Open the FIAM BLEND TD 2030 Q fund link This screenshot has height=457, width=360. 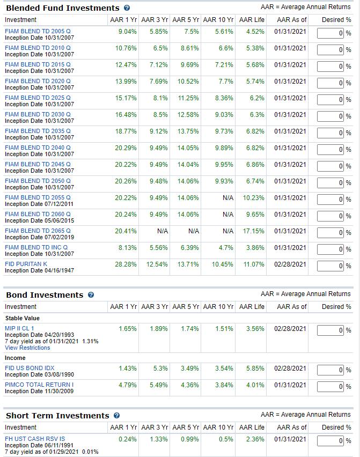[x=38, y=114]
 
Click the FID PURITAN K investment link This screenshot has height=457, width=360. [x=26, y=264]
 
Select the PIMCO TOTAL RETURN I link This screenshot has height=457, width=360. [x=39, y=385]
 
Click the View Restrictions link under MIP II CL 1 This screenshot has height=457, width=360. [x=27, y=348]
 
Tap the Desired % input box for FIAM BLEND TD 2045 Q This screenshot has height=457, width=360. [x=330, y=166]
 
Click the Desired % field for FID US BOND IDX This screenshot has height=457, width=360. [x=330, y=370]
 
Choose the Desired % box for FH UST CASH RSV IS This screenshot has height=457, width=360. [x=330, y=441]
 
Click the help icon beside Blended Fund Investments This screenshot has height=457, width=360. [x=127, y=8]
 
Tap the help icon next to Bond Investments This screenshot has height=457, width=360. [x=91, y=295]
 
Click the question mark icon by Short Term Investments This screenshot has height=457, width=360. [x=116, y=416]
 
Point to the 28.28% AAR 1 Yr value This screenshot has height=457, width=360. [x=126, y=264]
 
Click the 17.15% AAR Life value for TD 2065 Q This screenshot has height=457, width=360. [x=254, y=231]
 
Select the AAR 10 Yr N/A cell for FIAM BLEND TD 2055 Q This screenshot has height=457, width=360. [x=228, y=198]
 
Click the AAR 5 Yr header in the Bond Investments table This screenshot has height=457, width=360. [x=186, y=307]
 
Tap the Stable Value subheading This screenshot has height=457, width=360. [x=22, y=318]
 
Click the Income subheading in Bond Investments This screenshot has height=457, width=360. [x=15, y=358]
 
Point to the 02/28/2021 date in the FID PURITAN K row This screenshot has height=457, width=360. [x=290, y=264]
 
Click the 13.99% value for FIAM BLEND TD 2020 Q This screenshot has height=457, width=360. [x=126, y=82]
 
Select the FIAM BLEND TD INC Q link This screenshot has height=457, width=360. [x=36, y=247]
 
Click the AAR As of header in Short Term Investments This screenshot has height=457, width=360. [x=292, y=427]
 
